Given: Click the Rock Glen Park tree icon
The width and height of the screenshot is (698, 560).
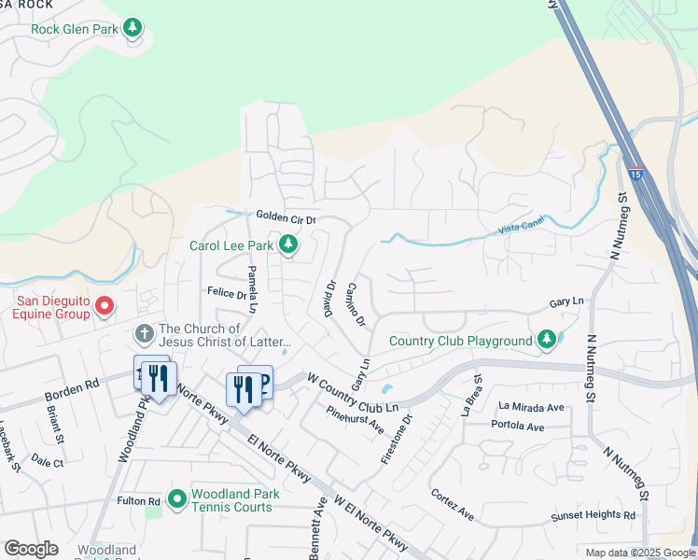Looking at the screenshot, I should pos(133,28).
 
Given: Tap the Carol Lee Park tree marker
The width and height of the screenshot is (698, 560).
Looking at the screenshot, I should pos(289,245).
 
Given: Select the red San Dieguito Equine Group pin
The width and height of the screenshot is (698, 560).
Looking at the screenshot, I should pos(105,306).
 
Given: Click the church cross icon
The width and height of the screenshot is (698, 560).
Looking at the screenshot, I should pos(144,333).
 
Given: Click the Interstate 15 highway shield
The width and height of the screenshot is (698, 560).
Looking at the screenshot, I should pos(635,174).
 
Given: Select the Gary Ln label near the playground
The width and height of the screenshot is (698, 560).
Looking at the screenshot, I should pos(566,303).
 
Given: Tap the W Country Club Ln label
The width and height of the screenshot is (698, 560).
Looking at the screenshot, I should pos(353,393).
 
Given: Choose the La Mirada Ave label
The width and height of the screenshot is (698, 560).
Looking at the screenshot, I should pos(531,407).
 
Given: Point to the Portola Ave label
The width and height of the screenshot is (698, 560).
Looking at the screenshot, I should pos(522,427).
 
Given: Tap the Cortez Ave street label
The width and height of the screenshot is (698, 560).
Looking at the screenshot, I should pos(453,504).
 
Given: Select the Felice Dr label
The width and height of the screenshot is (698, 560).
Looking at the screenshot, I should pos(226,293).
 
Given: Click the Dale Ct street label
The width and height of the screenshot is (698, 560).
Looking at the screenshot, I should pos(47,462).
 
